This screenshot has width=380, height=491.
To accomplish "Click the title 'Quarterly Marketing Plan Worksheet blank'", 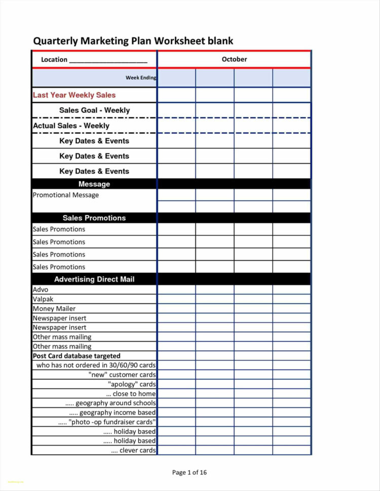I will pyautogui.click(x=133, y=41).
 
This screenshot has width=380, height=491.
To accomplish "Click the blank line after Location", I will pyautogui.click(x=108, y=60).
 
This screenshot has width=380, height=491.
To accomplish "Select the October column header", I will pyautogui.click(x=234, y=59).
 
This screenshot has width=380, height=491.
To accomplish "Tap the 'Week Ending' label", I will pyautogui.click(x=140, y=77).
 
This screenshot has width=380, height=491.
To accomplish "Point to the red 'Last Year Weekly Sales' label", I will pyautogui.click(x=74, y=95).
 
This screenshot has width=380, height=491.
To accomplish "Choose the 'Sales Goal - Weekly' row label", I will pyautogui.click(x=94, y=110).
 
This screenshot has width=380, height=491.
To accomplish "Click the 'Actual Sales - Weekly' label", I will pyautogui.click(x=71, y=126).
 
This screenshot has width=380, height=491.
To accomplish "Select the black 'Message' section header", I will pyautogui.click(x=94, y=184).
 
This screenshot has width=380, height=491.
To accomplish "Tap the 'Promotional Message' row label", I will pyautogui.click(x=66, y=195).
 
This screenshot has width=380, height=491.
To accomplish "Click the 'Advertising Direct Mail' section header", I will pyautogui.click(x=94, y=279).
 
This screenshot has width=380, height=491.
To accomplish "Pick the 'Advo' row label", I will pyautogui.click(x=41, y=290).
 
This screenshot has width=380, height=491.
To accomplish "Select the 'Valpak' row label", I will pyautogui.click(x=43, y=299).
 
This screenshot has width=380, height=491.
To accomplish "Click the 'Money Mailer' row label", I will pyautogui.click(x=54, y=309).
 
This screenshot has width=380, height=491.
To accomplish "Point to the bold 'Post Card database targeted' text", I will pyautogui.click(x=77, y=356).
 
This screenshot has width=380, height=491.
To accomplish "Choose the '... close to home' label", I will pyautogui.click(x=131, y=394).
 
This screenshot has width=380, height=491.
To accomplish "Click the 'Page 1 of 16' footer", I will pyautogui.click(x=189, y=473).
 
